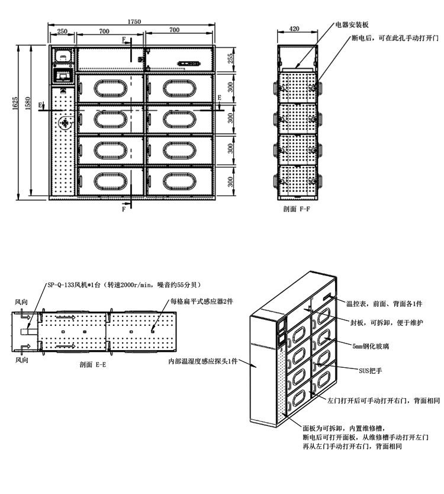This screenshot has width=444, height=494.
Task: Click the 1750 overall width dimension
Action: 134,21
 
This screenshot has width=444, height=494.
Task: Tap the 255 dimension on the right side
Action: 231,58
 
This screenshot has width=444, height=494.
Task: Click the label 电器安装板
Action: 352,25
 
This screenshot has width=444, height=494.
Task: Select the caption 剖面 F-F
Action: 297,210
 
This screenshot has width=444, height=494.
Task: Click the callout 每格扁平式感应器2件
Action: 202,301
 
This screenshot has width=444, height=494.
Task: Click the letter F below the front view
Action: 124,209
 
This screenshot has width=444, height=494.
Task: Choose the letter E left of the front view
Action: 40,105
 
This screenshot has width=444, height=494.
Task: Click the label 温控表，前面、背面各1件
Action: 384,303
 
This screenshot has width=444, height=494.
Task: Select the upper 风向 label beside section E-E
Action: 21,302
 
